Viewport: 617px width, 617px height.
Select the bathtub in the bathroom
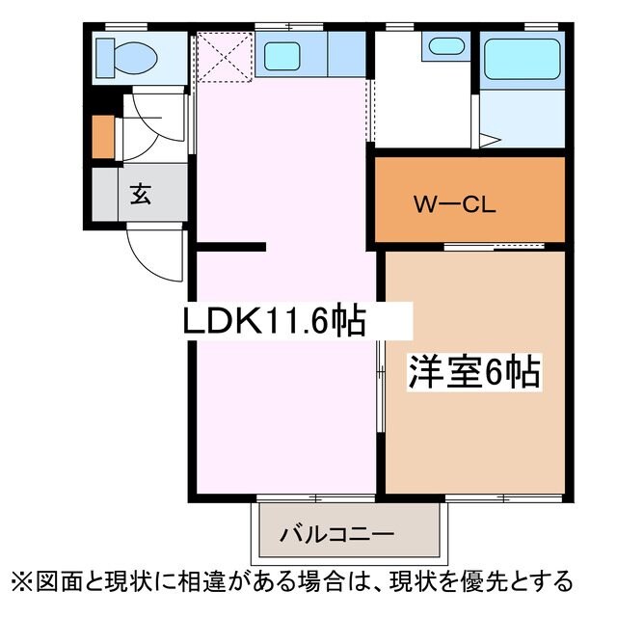(522, 59)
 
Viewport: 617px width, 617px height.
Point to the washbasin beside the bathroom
(444, 45)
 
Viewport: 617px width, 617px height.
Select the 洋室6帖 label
(473, 371)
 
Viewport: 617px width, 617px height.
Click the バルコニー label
(336, 533)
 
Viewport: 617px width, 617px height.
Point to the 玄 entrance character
(141, 194)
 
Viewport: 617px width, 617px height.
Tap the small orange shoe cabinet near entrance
(102, 137)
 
